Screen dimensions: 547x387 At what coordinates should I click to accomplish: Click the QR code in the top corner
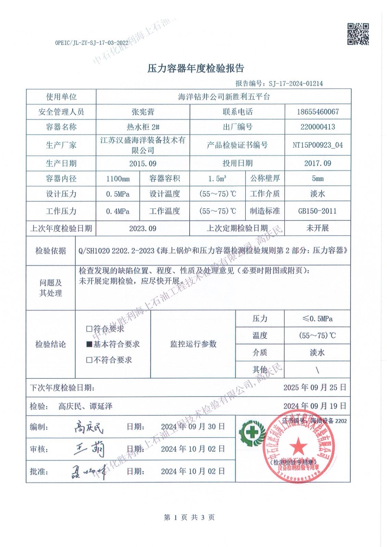[358, 34]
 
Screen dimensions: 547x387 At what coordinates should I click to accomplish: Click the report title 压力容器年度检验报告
[195, 68]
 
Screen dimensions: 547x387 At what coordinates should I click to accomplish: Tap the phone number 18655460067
[318, 112]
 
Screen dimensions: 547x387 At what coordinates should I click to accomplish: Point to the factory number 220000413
[318, 127]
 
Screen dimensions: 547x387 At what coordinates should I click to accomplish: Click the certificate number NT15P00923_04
[318, 145]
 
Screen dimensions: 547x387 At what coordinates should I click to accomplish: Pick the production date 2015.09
[143, 163]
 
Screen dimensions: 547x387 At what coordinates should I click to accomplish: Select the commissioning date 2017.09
[318, 163]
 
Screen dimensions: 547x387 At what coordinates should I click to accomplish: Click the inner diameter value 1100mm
[118, 179]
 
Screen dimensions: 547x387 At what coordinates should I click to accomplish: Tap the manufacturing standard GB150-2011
[318, 211]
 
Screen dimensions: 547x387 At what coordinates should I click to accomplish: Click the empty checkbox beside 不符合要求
[89, 360]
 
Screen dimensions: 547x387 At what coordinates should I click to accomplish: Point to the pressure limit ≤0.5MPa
[317, 319]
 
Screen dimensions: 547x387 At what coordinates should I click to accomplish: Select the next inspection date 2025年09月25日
[315, 387]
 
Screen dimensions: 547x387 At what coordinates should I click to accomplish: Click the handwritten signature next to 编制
[89, 427]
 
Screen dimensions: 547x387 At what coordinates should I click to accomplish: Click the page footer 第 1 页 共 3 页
[189, 517]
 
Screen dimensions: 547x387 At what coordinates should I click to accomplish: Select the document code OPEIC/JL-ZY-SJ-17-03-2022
[91, 43]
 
